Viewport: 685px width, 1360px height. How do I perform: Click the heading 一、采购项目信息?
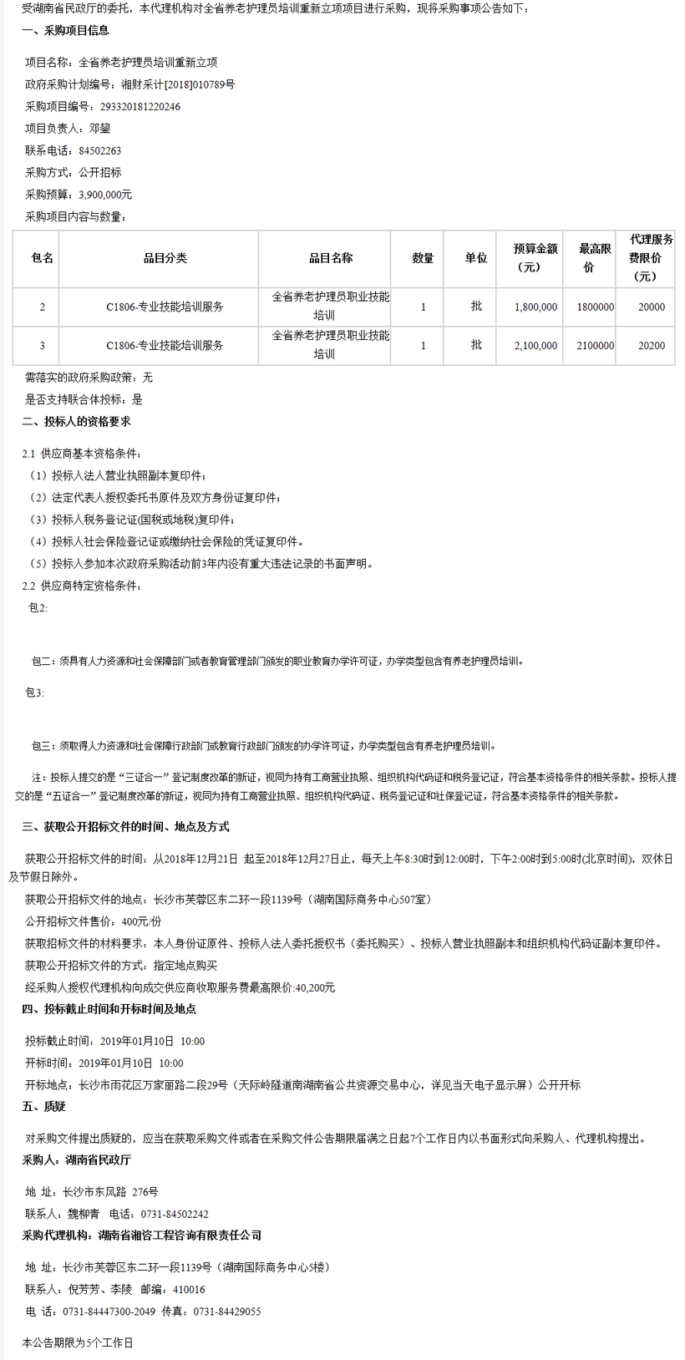65,30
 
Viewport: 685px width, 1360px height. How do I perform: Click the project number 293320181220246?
140,107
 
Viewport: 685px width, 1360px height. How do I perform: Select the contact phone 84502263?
99,151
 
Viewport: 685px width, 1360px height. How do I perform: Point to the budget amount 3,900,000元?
105,195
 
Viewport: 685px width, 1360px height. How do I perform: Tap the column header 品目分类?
165,258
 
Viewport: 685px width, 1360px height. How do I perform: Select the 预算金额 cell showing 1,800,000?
535,307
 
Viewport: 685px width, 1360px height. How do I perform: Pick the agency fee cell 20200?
651,346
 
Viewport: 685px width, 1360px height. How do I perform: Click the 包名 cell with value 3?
42,346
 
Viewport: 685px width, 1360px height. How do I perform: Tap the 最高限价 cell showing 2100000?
595,346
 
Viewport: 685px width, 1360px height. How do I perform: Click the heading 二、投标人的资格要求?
76,422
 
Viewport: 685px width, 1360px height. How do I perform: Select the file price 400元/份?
141,922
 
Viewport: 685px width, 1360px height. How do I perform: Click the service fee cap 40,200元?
315,988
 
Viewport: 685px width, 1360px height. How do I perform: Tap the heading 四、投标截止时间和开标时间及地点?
109,1009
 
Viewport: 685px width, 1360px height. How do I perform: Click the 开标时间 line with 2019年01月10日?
104,1063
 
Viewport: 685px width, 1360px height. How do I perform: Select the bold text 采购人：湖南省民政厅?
76,1160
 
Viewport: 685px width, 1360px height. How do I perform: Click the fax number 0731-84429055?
226,1312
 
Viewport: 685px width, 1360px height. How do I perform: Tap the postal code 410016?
189,1290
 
